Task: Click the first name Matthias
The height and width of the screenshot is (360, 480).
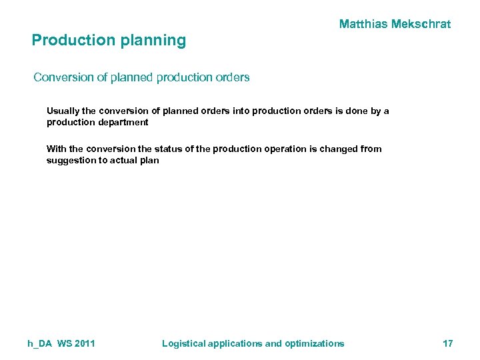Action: [365, 25]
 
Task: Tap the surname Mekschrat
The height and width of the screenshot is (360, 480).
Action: [423, 25]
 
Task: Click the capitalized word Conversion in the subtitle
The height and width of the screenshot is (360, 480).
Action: [64, 77]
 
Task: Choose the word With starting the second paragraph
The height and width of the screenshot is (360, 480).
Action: [56, 149]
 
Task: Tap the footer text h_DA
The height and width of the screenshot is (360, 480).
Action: [40, 344]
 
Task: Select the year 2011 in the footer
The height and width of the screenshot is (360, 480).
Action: [84, 344]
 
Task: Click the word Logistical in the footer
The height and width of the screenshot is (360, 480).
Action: [184, 344]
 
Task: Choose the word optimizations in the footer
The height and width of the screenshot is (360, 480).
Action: [314, 344]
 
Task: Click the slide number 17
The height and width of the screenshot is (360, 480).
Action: [448, 344]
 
